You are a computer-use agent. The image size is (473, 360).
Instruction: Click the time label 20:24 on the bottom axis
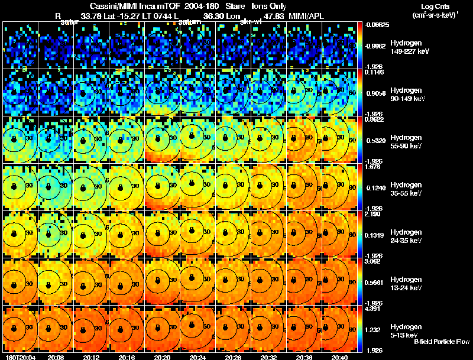coord(196,357)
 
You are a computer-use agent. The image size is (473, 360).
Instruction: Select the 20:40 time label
coord(340,357)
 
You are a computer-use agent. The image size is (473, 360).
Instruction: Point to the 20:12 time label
coord(89,357)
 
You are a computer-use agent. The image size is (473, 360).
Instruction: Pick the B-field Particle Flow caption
coord(442,342)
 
